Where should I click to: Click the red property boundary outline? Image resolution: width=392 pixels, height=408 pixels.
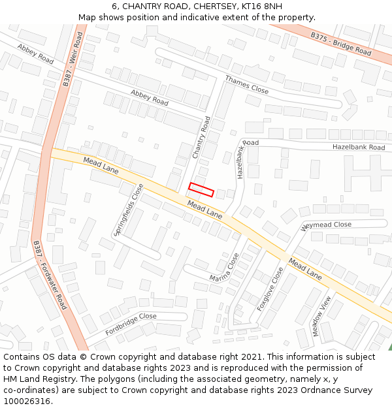[x=201, y=189]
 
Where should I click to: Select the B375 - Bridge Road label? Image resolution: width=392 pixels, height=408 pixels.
[x=340, y=42]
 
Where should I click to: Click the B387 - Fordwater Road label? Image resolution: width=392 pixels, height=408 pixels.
[x=50, y=274]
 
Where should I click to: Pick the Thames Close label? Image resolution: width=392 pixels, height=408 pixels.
[x=247, y=85]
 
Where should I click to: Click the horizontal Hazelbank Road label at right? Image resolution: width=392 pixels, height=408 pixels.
[x=359, y=148]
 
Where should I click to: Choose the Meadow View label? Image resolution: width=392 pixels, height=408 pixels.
[x=321, y=317]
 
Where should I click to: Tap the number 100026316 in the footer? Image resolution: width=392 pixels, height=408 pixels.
[x=27, y=401]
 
